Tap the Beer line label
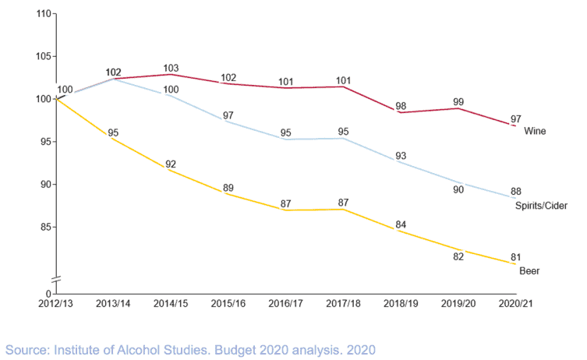529,270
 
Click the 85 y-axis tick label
46,227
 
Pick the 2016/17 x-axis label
286,302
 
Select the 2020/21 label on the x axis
515,302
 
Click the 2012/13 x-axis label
57,302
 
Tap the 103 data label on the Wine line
172,68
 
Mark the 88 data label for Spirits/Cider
515,190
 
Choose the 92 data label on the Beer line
171,164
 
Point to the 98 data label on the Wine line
401,106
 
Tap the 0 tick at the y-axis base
48,292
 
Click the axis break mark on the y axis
57,280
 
